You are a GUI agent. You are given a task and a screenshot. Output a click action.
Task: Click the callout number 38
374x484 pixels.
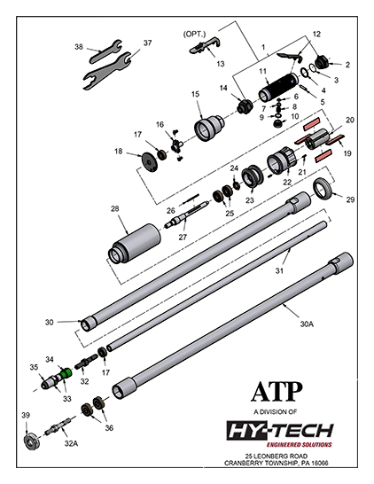point(79,46)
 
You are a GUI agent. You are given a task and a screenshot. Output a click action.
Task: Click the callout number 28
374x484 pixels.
point(114,208)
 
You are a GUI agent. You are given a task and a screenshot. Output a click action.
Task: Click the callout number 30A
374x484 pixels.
point(308,324)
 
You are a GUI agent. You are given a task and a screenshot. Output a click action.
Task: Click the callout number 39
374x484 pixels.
point(26,415)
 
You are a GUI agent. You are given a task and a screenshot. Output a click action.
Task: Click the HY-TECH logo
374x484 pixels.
point(277,431)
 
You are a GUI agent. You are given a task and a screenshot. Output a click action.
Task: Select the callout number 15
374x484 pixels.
point(197,94)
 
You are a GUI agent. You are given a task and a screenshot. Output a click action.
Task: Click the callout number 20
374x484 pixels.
point(350,120)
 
